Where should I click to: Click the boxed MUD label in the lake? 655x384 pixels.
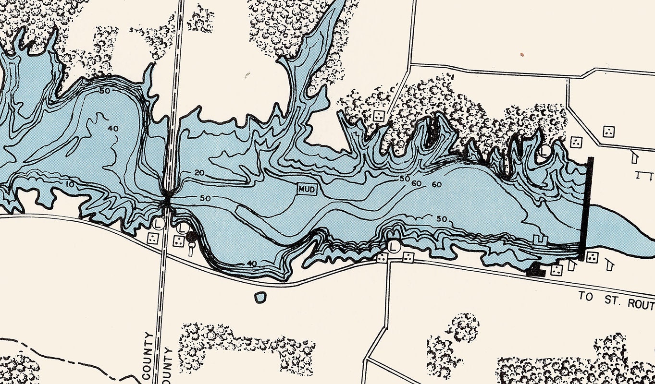(307, 190)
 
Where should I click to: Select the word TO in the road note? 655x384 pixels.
(585, 297)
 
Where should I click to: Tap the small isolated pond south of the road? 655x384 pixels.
(260, 297)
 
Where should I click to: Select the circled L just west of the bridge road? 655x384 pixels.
(158, 224)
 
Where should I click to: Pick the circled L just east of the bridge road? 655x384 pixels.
(182, 228)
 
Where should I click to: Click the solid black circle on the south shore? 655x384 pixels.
(191, 236)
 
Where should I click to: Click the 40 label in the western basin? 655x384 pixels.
(113, 129)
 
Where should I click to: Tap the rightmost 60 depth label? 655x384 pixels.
(436, 184)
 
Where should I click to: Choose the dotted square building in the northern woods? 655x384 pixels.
(379, 115)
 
